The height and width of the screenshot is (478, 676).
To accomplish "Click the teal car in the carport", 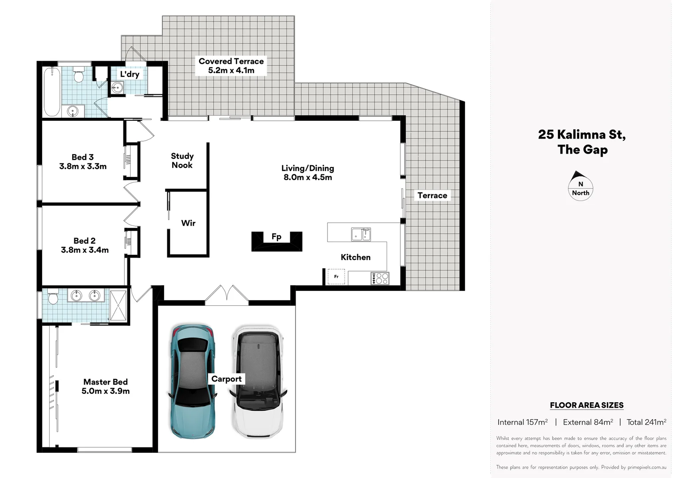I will (192, 382).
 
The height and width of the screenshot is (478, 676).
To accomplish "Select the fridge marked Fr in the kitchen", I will (336, 277).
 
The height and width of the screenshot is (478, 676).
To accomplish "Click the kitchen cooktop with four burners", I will (380, 278).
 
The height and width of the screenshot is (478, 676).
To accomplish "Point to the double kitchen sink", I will (361, 234).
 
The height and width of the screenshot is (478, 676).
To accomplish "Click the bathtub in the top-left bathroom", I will (52, 92).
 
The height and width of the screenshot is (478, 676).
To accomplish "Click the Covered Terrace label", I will (231, 66).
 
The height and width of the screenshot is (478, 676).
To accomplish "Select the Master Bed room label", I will (106, 386).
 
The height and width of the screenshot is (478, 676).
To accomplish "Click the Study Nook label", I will (182, 160).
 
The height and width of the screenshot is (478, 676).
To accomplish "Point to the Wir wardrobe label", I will (188, 223).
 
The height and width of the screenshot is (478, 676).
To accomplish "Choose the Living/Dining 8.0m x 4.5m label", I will (308, 173).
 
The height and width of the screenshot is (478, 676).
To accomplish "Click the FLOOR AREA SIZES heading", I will (587, 405).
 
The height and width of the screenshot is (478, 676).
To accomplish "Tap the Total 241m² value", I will (646, 422).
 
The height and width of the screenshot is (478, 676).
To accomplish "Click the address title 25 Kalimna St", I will (582, 142).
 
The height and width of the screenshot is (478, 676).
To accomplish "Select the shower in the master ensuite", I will (118, 305).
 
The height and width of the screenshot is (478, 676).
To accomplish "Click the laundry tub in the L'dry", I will (117, 88).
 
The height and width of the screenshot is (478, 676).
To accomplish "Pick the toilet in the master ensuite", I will (53, 297).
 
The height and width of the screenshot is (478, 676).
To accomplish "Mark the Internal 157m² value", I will (522, 422).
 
